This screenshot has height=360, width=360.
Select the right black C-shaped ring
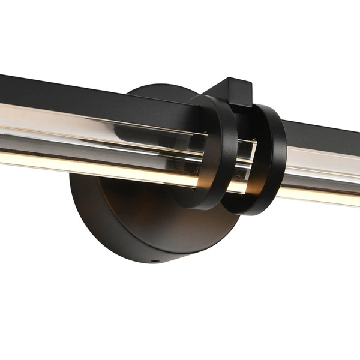click(277, 157)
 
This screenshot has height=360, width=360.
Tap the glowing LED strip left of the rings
click(90, 164)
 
